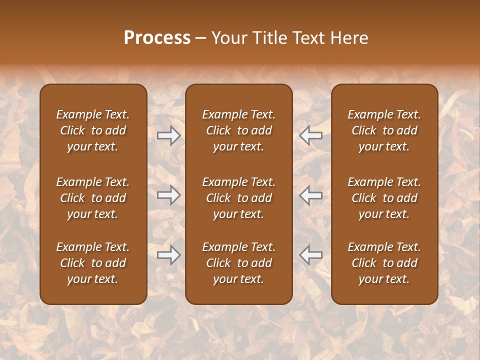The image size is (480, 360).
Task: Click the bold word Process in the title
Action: pyautogui.click(x=157, y=38)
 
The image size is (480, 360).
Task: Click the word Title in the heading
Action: pyautogui.click(x=270, y=38)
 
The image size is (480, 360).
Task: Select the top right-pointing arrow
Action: pyautogui.click(x=169, y=135)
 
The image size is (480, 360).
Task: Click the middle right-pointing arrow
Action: pyautogui.click(x=169, y=195)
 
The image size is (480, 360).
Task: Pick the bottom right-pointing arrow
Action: pyautogui.click(x=169, y=255)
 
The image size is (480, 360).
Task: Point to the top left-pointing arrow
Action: pyautogui.click(x=311, y=135)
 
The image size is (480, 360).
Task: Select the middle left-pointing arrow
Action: pyautogui.click(x=311, y=195)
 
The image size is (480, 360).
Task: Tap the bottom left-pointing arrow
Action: pyautogui.click(x=311, y=255)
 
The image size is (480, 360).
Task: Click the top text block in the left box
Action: pyautogui.click(x=93, y=130)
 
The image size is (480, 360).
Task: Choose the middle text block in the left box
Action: pyautogui.click(x=93, y=198)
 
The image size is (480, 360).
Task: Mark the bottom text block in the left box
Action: pyautogui.click(x=93, y=263)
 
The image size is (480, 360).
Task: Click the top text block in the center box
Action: pyautogui.click(x=239, y=130)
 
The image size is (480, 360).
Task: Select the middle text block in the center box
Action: pyautogui.click(x=239, y=198)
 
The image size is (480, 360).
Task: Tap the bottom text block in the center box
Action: pyautogui.click(x=239, y=263)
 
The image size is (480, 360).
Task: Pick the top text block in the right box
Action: pyautogui.click(x=384, y=130)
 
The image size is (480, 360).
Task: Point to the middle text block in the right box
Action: pyautogui.click(x=384, y=198)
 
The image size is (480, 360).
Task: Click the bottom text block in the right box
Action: pyautogui.click(x=384, y=263)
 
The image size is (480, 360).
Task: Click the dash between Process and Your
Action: pyautogui.click(x=201, y=38)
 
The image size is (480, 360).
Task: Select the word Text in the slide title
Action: pyautogui.click(x=310, y=38)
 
